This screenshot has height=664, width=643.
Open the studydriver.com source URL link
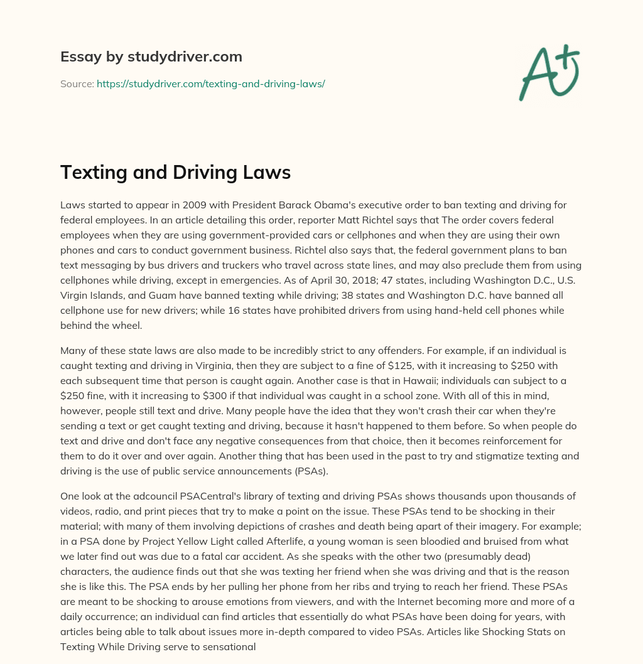210,83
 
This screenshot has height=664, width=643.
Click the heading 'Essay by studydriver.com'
151,56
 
